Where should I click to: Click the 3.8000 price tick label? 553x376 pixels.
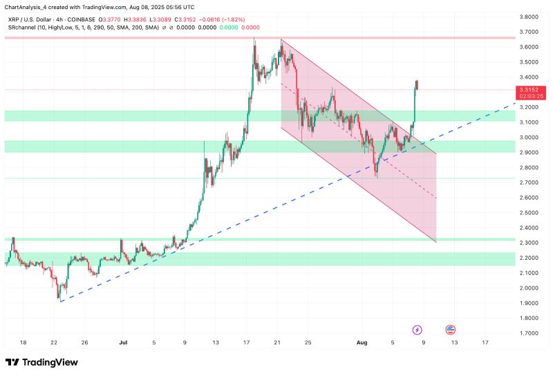(x=529, y=17)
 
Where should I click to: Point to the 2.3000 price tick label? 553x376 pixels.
(x=529, y=243)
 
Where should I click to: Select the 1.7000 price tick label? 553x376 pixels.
(x=529, y=333)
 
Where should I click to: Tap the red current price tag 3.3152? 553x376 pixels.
(x=529, y=90)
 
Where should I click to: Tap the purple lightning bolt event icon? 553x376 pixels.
(x=418, y=330)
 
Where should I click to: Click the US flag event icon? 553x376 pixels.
(x=451, y=330)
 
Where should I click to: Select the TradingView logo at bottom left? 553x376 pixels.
(x=41, y=362)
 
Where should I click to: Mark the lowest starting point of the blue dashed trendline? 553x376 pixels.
(x=61, y=301)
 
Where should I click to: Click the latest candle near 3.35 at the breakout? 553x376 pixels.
(x=418, y=85)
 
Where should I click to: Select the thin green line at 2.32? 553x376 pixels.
(x=207, y=239)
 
